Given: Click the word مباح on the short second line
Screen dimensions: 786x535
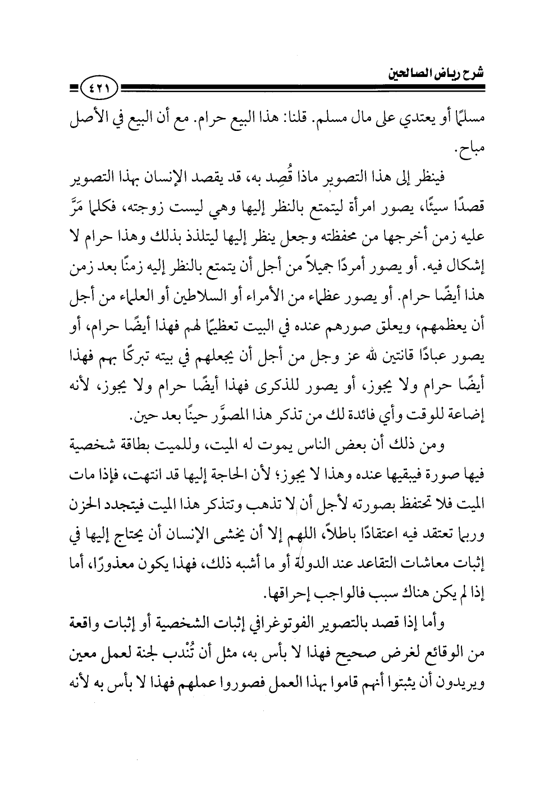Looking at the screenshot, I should [x=458, y=149].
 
